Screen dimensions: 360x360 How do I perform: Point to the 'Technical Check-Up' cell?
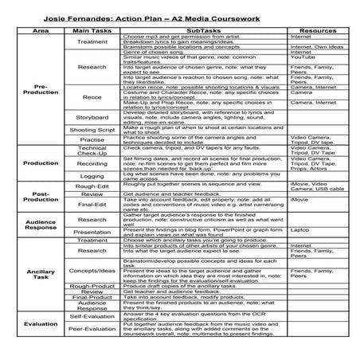92,150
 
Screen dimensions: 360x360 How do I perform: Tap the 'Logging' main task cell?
92,176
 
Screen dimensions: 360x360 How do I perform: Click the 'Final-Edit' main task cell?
92,205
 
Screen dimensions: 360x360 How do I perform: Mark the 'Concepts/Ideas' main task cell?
92,270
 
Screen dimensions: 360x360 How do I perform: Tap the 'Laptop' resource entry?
300,229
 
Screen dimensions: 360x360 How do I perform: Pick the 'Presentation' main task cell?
92,232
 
